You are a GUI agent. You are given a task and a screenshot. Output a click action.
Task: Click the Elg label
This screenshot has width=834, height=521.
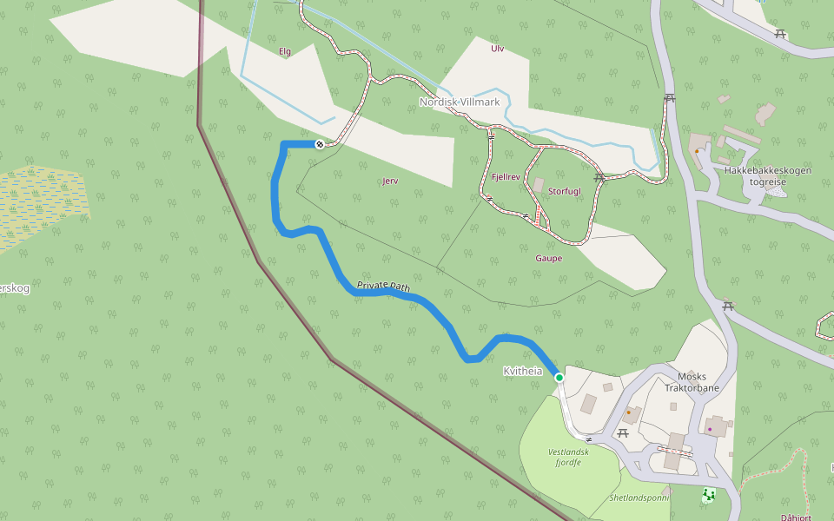(x=284, y=52)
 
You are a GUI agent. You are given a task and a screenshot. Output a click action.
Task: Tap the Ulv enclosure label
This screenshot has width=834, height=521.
(x=497, y=49)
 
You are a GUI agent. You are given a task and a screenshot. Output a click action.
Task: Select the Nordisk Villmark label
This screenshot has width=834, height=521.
(x=460, y=102)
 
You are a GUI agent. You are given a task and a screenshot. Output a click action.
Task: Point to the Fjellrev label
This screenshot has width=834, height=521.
(x=506, y=177)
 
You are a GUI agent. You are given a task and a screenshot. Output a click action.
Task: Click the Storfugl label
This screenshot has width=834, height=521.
(x=565, y=191)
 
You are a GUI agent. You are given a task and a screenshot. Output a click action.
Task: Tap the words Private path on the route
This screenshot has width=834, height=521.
(x=383, y=285)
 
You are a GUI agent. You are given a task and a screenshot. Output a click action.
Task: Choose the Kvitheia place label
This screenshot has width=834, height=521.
(x=522, y=372)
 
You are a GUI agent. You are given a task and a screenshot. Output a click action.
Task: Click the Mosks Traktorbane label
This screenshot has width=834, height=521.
(x=692, y=383)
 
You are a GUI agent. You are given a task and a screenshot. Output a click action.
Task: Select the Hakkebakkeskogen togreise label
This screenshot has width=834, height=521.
(x=767, y=176)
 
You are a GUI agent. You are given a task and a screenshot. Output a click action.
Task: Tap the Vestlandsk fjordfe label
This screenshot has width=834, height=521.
(x=569, y=457)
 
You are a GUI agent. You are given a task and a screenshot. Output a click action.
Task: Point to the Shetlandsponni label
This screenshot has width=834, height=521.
(x=639, y=498)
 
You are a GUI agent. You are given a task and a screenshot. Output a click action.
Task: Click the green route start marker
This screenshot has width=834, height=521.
(x=559, y=378)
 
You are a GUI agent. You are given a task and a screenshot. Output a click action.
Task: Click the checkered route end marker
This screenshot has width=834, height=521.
(x=320, y=144)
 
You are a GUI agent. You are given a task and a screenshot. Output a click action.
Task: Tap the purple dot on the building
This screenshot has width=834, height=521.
(x=710, y=429)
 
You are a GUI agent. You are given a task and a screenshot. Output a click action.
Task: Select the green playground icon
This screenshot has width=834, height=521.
(x=708, y=496)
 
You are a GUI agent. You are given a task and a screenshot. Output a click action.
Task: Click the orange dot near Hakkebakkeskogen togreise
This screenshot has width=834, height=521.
(x=697, y=151)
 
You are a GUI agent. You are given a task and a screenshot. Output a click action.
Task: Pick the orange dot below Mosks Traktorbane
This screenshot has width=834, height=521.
(x=629, y=412)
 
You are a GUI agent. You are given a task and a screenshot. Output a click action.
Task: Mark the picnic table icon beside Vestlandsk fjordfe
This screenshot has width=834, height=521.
(x=623, y=432)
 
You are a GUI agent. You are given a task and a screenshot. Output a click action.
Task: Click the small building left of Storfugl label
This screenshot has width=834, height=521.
(x=539, y=185)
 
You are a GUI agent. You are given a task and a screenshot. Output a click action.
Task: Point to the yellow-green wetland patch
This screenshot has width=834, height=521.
(x=43, y=204)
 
